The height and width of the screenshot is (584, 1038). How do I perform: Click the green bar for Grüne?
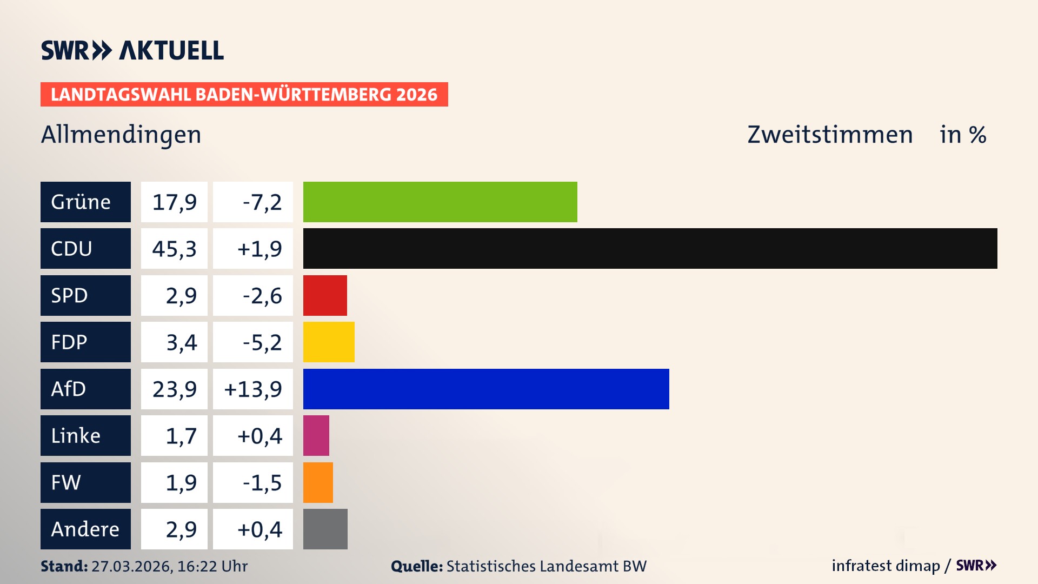click(440, 202)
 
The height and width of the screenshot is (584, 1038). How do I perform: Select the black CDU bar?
click(650, 248)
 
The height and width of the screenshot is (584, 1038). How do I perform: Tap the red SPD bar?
click(325, 295)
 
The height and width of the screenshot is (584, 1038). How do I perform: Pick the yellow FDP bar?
click(329, 342)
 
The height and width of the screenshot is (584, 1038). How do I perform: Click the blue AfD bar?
click(486, 389)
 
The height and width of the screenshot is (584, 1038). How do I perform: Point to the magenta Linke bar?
click(316, 435)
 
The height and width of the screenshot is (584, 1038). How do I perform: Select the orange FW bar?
click(318, 482)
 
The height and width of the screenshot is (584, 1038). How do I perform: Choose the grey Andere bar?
click(325, 529)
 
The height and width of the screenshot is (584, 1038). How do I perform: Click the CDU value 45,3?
click(174, 248)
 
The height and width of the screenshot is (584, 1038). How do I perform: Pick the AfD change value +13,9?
click(253, 389)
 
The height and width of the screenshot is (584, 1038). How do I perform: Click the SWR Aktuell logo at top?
click(132, 50)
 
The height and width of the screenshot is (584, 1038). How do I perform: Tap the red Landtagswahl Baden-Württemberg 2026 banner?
click(244, 94)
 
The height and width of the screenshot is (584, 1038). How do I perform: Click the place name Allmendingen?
click(121, 135)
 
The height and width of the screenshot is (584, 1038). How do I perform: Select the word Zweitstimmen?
click(830, 135)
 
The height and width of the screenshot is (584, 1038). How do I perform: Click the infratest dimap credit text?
click(886, 566)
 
